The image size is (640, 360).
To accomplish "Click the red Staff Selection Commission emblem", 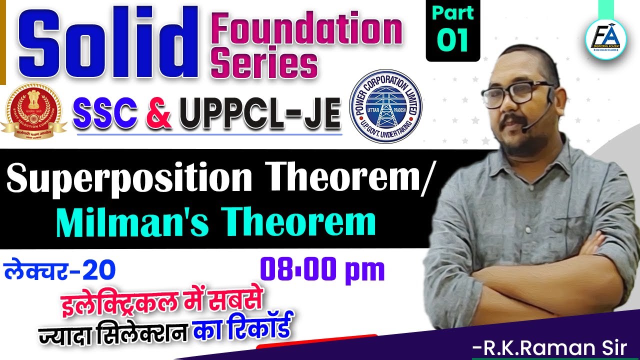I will pyautogui.click(x=33, y=108).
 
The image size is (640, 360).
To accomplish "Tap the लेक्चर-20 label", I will pyautogui.click(x=60, y=270).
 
